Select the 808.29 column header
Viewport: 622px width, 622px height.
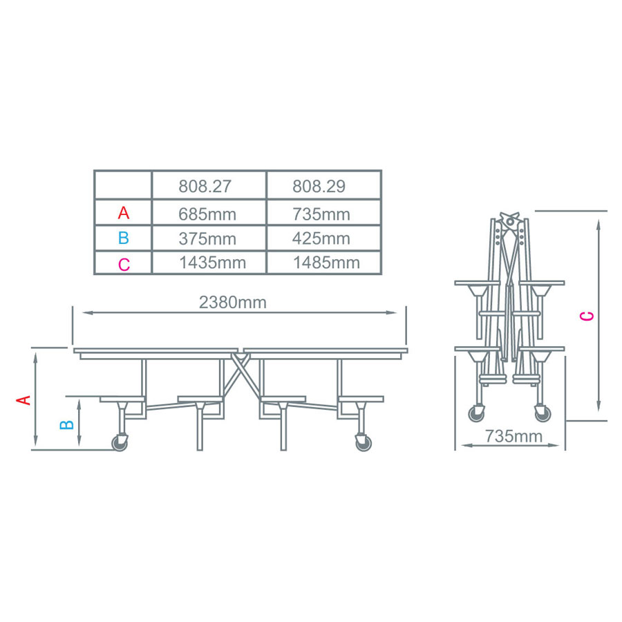[x=319, y=187]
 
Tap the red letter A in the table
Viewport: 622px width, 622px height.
[x=123, y=212]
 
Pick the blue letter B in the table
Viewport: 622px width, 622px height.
[x=123, y=238]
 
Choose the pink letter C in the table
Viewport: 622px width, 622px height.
[x=123, y=264]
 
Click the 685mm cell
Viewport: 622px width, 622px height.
[x=207, y=214]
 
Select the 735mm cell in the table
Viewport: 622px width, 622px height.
[x=321, y=214]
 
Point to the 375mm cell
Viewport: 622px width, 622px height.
[x=207, y=239]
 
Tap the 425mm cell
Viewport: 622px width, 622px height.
[x=321, y=239]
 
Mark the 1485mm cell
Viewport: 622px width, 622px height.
[x=326, y=263]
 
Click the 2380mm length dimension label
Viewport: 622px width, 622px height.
[x=233, y=302]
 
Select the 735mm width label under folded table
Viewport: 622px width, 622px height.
[x=513, y=436]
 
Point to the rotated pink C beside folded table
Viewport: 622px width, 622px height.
[x=586, y=317]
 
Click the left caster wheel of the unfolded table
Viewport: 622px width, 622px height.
[x=121, y=443]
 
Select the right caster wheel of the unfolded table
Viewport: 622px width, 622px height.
[x=361, y=443]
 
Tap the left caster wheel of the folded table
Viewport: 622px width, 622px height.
[x=477, y=413]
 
